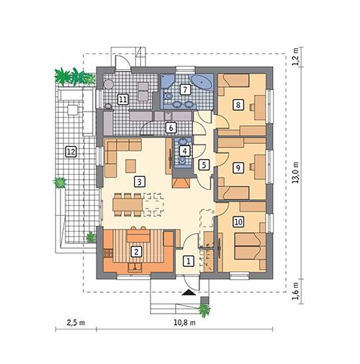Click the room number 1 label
pyautogui.click(x=188, y=261)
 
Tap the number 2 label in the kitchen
pyautogui.click(x=136, y=251)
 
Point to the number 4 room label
pyautogui.click(x=185, y=151)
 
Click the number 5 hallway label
pyautogui.click(x=204, y=165)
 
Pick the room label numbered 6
pyautogui.click(x=171, y=128)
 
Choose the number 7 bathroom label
pyautogui.click(x=185, y=89)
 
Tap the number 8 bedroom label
pyautogui.click(x=238, y=105)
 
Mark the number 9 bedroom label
pyautogui.click(x=238, y=167)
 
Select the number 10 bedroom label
pyautogui.click(x=238, y=222)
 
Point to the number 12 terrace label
pyautogui.click(x=71, y=151)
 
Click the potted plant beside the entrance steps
pyautogui.click(x=205, y=311)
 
